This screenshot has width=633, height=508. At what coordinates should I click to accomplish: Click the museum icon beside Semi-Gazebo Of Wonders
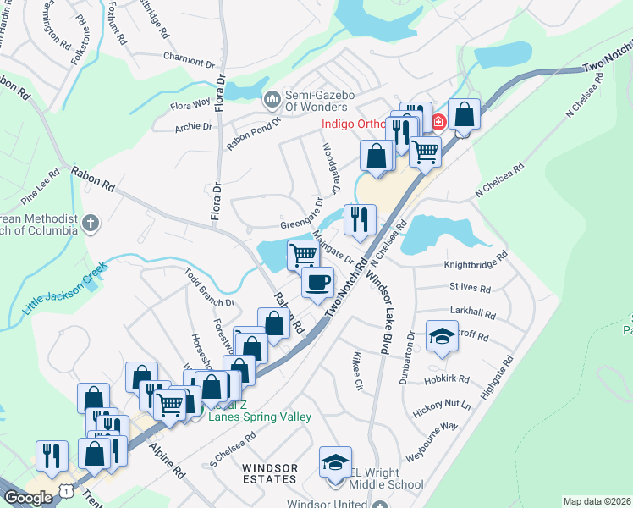click(x=272, y=100)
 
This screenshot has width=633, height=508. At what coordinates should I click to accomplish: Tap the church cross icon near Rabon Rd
click(x=91, y=224)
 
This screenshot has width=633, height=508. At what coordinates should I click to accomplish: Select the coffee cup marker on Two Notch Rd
click(x=317, y=282)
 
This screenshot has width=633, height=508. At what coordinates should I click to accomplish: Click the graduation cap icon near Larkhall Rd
click(x=441, y=337)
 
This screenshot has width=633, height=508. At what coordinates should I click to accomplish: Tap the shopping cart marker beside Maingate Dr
click(x=303, y=254)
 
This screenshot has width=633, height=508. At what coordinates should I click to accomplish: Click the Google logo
click(x=28, y=498)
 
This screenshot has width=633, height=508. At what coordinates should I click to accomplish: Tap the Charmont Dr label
click(x=189, y=60)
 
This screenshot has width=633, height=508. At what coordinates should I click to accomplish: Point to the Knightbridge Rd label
click(x=476, y=265)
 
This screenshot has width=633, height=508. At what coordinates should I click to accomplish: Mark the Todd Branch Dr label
click(x=208, y=289)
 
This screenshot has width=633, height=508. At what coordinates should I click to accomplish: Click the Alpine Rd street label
click(x=167, y=461)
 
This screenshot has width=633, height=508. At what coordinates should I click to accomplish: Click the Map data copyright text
click(x=597, y=501)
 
